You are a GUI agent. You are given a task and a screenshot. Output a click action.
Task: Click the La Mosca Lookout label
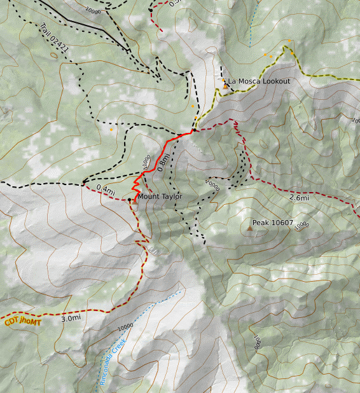coord(259,81)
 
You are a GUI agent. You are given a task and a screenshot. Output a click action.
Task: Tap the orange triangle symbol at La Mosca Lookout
coord(225,85)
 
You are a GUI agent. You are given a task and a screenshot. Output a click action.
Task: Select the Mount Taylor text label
coord(160,197)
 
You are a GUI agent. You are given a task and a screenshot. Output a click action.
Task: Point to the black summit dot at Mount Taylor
coord(130,200)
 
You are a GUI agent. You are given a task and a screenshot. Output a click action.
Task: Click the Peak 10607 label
coord(272,223)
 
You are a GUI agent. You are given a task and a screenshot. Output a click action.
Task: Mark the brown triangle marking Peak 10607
coord(248,227)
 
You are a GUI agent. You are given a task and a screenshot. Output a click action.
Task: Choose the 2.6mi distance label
coord(299,198)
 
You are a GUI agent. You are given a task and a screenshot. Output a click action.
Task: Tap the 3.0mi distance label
coord(71,317)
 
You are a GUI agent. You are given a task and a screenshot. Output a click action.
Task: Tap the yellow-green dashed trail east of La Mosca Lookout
coord(305,78)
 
